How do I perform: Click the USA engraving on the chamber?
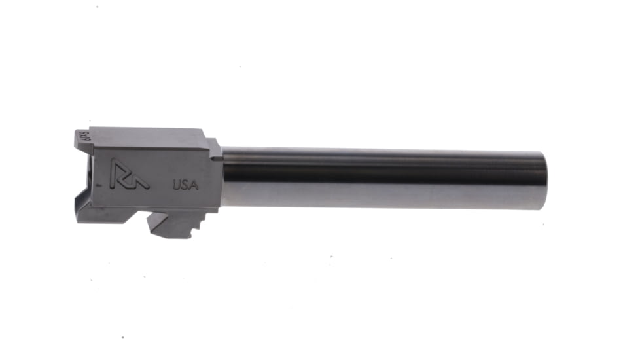point(186,184)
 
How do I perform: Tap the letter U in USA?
point(177,184)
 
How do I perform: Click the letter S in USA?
point(186,184)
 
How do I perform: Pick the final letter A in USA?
point(194,184)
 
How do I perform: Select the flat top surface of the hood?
point(144,132)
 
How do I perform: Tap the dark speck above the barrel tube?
point(240,66)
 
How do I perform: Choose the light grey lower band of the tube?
point(380,196)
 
